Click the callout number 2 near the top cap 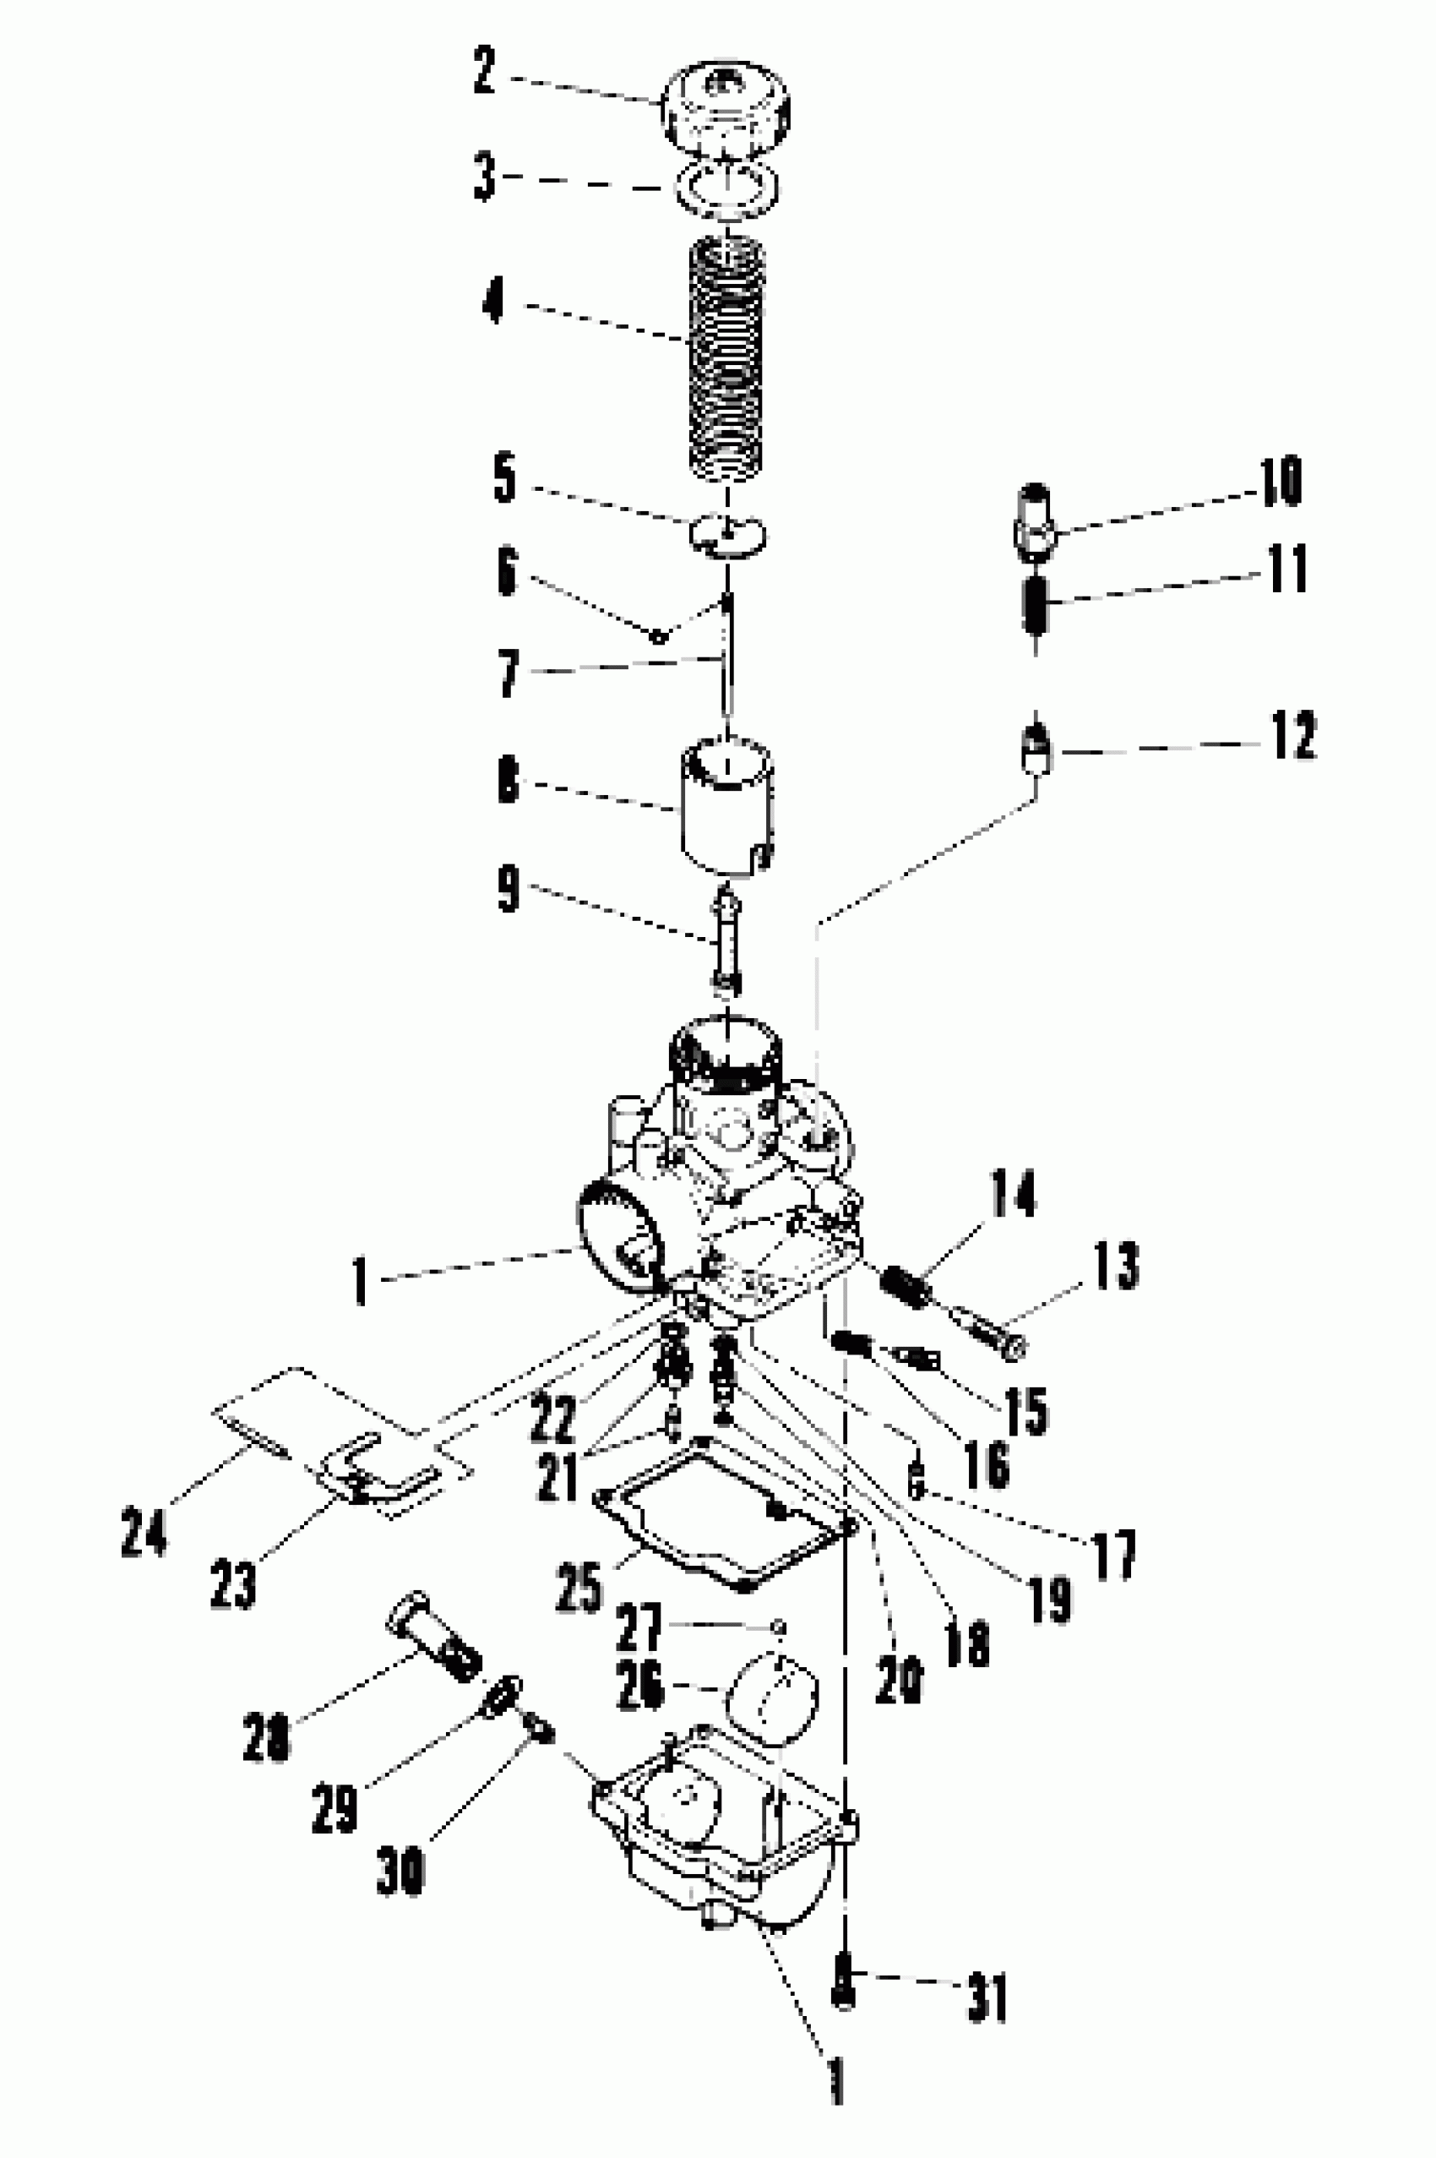(x=485, y=72)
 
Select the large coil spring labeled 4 (x=726, y=357)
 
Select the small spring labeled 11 (x=1036, y=603)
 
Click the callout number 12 (x=1292, y=734)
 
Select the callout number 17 (x=1113, y=1554)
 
